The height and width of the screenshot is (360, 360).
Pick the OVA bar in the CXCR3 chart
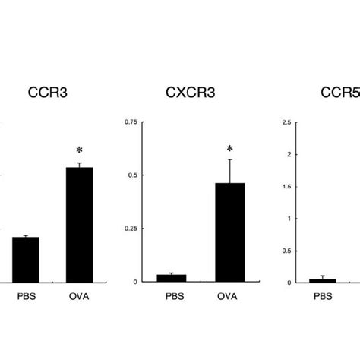point(229,232)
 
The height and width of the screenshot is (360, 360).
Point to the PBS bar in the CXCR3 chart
point(171,278)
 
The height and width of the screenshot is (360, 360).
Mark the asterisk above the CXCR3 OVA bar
point(229,150)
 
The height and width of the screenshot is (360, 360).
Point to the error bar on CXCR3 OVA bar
point(229,171)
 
